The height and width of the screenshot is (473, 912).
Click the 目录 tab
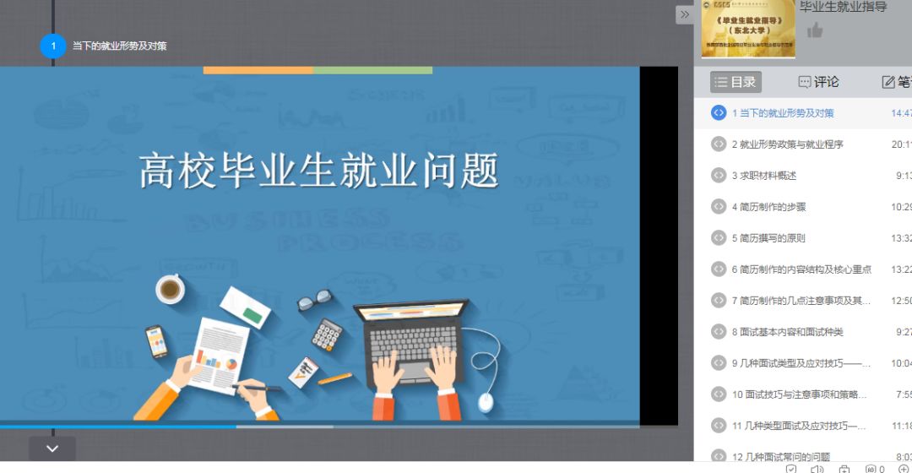pyautogui.click(x=736, y=82)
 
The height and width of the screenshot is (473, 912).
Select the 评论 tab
pyautogui.click(x=818, y=82)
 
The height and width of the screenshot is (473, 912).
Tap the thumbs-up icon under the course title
pyautogui.click(x=814, y=31)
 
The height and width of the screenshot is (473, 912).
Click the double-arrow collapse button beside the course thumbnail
pyautogui.click(x=685, y=14)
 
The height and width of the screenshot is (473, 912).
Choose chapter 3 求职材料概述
pyautogui.click(x=763, y=176)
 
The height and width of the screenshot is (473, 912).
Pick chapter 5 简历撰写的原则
pyautogui.click(x=768, y=238)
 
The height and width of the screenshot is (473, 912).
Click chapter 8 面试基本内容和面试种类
pyautogui.click(x=787, y=332)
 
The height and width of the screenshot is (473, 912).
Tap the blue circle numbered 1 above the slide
pyautogui.click(x=53, y=46)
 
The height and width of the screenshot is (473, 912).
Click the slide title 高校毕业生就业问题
pyautogui.click(x=319, y=171)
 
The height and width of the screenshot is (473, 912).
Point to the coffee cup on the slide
pyautogui.click(x=170, y=290)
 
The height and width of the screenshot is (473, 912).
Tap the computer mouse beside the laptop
pyautogui.click(x=486, y=401)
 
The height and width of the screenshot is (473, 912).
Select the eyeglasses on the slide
pyautogui.click(x=313, y=299)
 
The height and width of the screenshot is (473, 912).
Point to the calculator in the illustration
pyautogui.click(x=326, y=334)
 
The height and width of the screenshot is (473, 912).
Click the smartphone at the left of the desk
pyautogui.click(x=156, y=341)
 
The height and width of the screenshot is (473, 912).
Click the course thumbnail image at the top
pyautogui.click(x=748, y=28)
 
